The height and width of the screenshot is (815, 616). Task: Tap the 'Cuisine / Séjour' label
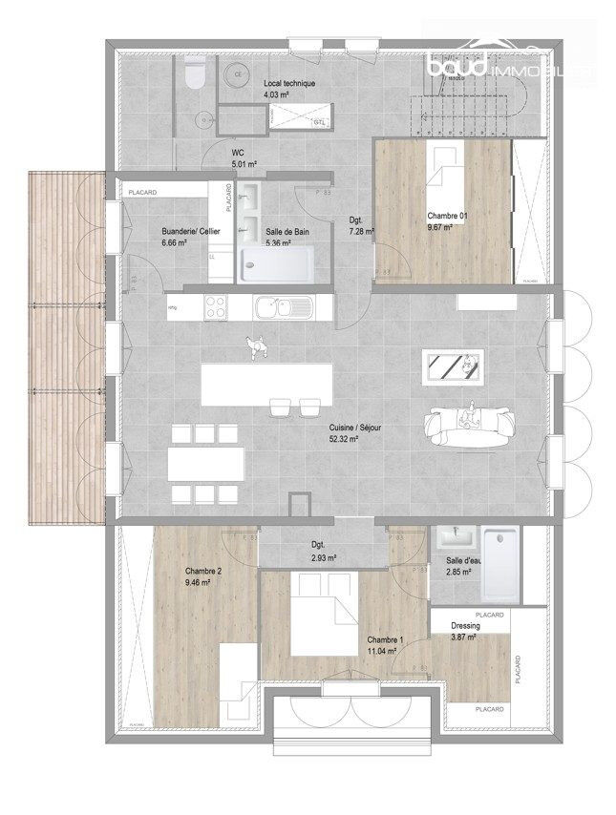click(x=355, y=428)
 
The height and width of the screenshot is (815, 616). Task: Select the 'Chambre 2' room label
click(x=202, y=572)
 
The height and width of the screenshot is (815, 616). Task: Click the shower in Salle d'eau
click(x=502, y=563)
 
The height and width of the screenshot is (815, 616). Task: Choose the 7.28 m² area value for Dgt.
click(x=360, y=231)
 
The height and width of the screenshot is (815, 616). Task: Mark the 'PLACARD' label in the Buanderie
click(x=142, y=193)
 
